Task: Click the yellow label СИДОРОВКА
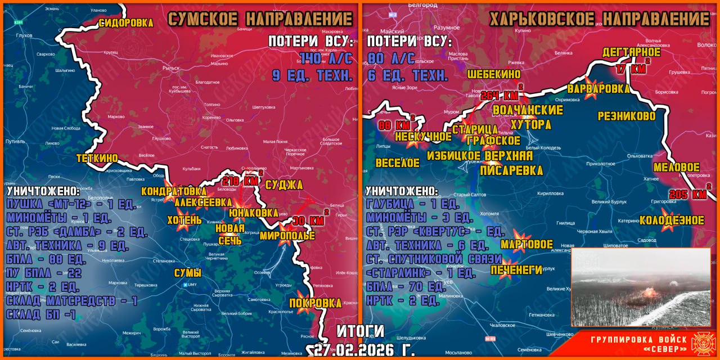126,23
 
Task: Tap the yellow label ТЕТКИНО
97,159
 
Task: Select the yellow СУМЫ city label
187,274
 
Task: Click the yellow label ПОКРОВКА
315,303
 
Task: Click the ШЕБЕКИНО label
494,74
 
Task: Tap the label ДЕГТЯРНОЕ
631,52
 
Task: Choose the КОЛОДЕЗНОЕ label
672,220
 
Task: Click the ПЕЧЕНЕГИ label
516,270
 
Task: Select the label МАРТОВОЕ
526,245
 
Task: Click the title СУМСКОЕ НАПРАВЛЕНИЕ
260,19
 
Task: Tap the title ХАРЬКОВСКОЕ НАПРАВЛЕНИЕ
599,19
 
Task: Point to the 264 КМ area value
499,95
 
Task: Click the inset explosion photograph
641,287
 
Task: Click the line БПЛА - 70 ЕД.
406,286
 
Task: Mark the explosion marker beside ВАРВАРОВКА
591,92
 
